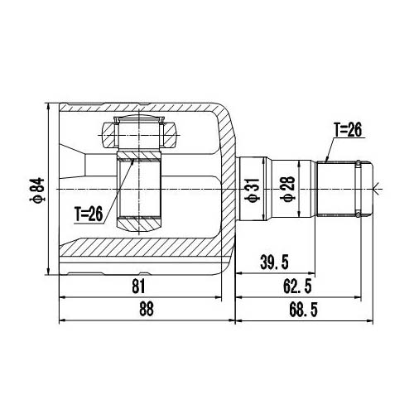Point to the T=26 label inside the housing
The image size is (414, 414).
(88, 213)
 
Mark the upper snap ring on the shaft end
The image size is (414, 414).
(357, 162)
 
